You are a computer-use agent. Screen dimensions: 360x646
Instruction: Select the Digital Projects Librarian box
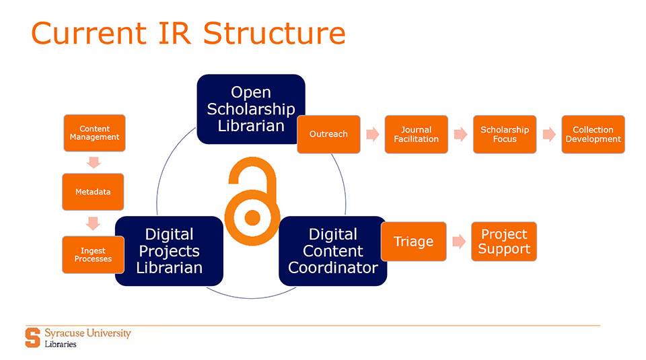pyautogui.click(x=169, y=251)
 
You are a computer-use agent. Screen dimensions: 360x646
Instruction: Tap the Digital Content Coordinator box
pyautogui.click(x=332, y=251)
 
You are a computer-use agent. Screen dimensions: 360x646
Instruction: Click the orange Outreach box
pyautogui.click(x=328, y=134)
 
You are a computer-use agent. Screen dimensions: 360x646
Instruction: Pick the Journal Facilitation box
pyautogui.click(x=416, y=134)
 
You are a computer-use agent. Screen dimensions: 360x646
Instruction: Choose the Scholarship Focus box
pyautogui.click(x=505, y=134)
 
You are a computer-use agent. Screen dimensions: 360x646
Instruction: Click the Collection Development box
pyautogui.click(x=593, y=134)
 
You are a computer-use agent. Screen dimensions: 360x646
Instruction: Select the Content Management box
pyautogui.click(x=94, y=133)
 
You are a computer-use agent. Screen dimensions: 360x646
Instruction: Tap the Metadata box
pyautogui.click(x=93, y=191)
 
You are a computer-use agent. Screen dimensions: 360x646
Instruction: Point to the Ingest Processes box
pyautogui.click(x=93, y=254)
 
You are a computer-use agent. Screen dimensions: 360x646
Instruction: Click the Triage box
pyautogui.click(x=413, y=241)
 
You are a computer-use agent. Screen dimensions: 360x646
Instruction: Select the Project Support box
pyautogui.click(x=504, y=241)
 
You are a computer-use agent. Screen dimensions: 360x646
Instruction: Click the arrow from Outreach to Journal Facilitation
pyautogui.click(x=372, y=134)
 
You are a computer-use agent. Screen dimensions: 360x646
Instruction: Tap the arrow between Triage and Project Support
pyautogui.click(x=458, y=242)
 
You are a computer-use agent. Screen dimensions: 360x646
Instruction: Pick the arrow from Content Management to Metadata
pyautogui.click(x=94, y=162)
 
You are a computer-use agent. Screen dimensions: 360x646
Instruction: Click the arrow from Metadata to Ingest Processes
pyautogui.click(x=94, y=222)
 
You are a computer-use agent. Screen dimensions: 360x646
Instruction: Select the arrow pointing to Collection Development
pyautogui.click(x=549, y=134)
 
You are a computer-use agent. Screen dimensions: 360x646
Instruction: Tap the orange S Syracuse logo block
pyautogui.click(x=32, y=337)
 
